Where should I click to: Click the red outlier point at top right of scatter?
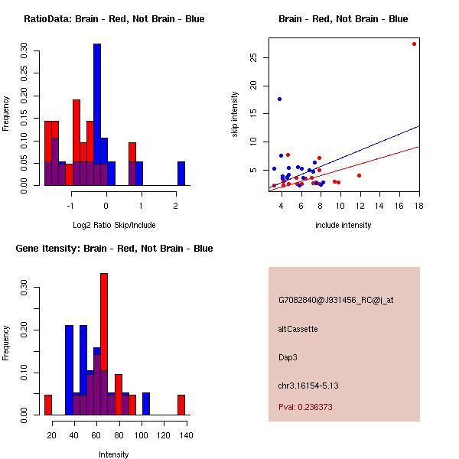(414, 44)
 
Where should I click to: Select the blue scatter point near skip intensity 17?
(280, 99)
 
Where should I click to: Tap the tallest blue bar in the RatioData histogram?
(97, 115)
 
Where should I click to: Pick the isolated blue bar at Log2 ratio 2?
(181, 174)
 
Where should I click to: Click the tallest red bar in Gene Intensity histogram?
(104, 344)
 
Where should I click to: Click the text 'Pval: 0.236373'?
(305, 408)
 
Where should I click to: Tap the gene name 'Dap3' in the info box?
(288, 357)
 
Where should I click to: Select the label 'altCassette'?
(298, 330)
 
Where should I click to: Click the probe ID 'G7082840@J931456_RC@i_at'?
(336, 301)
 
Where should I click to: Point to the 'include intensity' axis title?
(343, 225)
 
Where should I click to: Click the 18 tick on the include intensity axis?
(419, 206)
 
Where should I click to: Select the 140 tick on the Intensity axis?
(185, 435)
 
